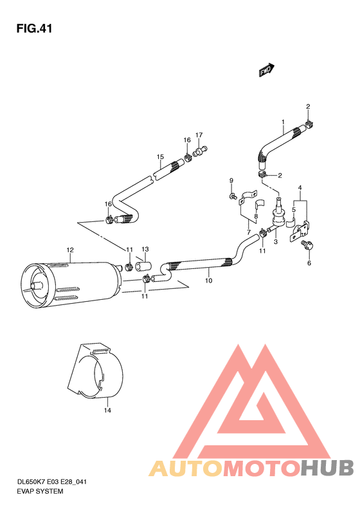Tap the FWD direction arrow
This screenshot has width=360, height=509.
coord(267,70)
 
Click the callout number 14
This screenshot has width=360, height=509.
coord(107,409)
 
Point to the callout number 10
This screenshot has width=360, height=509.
coord(208,281)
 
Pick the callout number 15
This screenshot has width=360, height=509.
coord(160,157)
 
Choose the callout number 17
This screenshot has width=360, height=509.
coord(199,134)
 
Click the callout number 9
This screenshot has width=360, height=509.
coord(231,180)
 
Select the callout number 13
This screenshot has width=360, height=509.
coord(145,249)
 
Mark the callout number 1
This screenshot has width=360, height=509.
coord(282,122)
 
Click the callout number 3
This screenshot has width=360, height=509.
coord(275,241)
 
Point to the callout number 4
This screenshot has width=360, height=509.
coord(299,187)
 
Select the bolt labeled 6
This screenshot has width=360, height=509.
coord(307,245)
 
